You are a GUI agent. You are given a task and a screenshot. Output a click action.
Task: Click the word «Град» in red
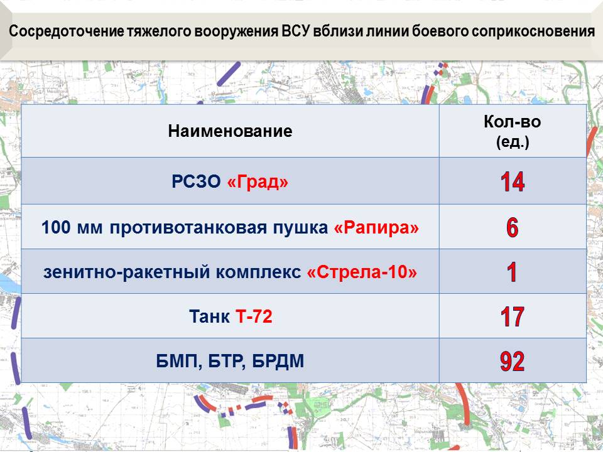tap(258, 181)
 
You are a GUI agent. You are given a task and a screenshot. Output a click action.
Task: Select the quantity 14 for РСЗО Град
tap(513, 182)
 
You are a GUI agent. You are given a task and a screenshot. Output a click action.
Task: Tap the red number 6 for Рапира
tap(513, 227)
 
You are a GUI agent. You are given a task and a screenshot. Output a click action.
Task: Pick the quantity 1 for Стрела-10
tap(512, 272)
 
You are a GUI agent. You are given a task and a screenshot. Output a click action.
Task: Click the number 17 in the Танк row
tap(513, 316)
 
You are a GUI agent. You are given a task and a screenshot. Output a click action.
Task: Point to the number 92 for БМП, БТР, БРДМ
tap(513, 362)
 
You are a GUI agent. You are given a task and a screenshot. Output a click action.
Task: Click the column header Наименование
tap(230, 131)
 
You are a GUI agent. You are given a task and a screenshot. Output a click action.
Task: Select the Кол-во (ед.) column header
tap(513, 131)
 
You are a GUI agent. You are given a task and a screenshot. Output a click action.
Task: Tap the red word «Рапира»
tap(376, 227)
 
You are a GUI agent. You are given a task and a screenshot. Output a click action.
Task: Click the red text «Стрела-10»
tap(362, 272)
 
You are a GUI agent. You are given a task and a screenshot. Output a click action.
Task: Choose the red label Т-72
tap(254, 316)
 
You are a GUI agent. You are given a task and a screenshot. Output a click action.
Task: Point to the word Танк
tap(209, 316)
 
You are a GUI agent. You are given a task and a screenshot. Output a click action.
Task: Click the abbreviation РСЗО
tap(196, 181)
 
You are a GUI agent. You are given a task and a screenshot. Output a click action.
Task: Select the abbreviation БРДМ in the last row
tap(278, 362)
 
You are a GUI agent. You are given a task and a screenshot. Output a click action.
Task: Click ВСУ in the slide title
tap(295, 31)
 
